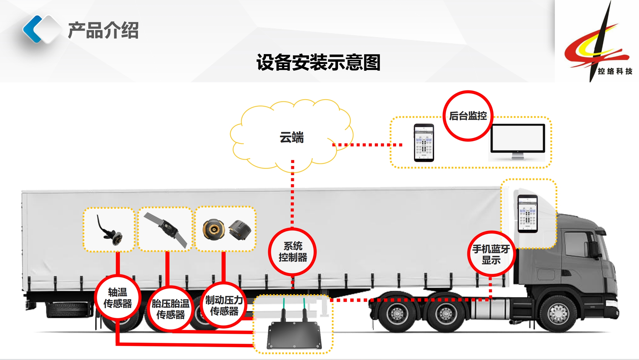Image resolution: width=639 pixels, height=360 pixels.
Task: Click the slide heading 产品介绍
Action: [x=103, y=30]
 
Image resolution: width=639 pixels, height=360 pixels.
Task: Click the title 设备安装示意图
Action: [x=318, y=62]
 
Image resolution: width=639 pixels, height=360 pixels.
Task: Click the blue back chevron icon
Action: [x=33, y=29]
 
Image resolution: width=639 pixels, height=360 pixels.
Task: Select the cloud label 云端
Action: [x=292, y=137]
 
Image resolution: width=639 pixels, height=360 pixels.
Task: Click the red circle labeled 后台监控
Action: [x=468, y=116]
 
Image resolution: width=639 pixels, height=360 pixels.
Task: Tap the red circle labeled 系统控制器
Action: [x=293, y=251]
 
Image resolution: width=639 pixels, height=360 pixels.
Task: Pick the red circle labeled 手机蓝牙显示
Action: [x=491, y=254]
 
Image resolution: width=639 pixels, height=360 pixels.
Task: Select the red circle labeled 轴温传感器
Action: [x=117, y=297]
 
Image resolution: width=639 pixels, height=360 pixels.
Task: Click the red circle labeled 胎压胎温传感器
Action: [x=170, y=309]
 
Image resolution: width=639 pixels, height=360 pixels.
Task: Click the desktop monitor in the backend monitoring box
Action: [x=518, y=140]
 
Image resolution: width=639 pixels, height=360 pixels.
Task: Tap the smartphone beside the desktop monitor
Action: [x=424, y=143]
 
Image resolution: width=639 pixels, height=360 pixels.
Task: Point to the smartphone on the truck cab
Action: [x=527, y=213]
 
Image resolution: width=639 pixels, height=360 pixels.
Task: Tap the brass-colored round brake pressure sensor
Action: [x=213, y=229]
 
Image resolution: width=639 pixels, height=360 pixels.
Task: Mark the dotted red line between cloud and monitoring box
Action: [x=368, y=145]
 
